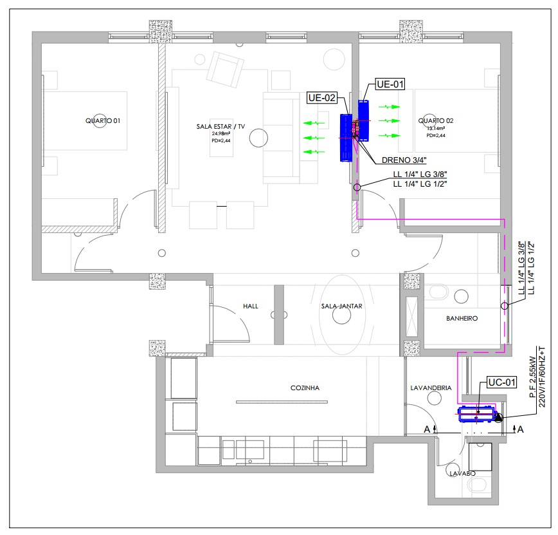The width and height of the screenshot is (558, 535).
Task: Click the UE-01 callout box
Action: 390,84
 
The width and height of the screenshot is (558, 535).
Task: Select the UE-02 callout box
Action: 322,98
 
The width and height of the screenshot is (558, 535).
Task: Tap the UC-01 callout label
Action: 502,382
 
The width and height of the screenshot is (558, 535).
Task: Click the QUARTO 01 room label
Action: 103,121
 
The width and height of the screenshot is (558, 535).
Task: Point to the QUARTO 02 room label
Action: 436,121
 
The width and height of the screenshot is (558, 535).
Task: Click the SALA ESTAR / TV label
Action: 221,127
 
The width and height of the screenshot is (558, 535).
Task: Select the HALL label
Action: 251,306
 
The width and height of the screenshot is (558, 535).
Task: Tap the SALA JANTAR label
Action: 341,306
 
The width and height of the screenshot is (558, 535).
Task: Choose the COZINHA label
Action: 305,388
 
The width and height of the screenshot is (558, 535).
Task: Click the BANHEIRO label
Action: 462,318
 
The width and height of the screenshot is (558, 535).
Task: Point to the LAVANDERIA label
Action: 431,388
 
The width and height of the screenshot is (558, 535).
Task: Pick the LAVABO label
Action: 463,474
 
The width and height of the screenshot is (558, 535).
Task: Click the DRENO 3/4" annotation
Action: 404,160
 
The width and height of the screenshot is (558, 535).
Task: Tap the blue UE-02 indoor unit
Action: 346,138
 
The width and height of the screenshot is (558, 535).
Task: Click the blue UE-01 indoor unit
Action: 363,120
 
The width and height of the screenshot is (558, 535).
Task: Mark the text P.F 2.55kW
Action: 533,377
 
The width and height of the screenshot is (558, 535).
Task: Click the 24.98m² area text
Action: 221,134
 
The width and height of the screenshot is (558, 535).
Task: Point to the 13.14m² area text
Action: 436,128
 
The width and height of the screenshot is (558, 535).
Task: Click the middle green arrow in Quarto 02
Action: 389,121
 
